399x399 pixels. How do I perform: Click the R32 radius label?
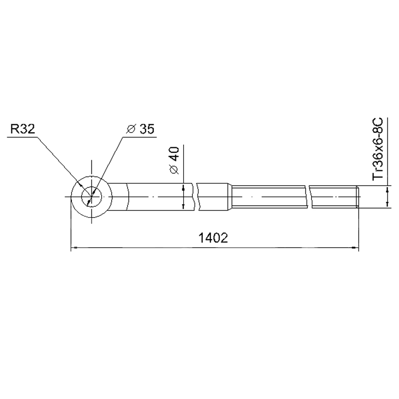tap(23, 129)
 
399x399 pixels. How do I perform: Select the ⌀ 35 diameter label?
tap(140, 129)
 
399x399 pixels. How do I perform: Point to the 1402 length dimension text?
tap(213, 238)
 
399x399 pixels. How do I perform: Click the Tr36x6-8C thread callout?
tap(378, 149)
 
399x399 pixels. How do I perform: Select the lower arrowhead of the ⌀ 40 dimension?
tap(183, 205)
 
